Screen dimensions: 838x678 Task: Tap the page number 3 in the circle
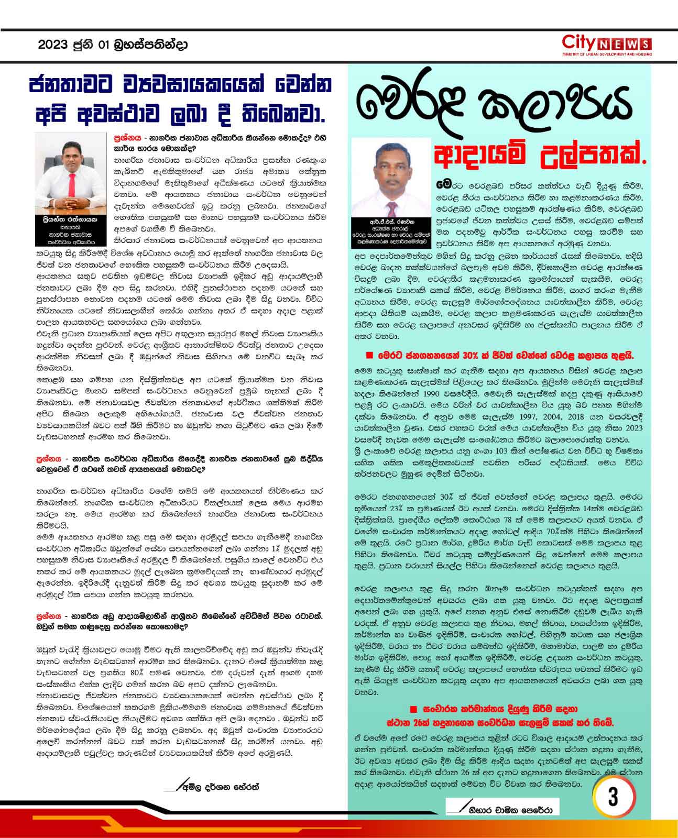613,797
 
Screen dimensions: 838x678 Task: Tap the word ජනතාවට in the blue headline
75,84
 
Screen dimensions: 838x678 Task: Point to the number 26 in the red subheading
415,724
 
